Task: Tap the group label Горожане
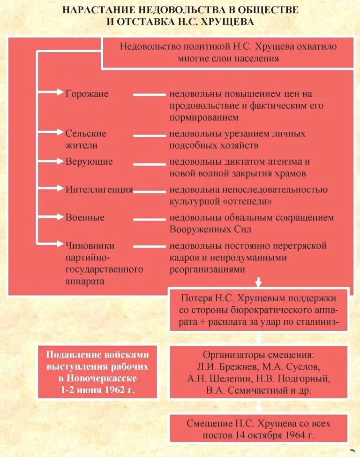click(x=87, y=93)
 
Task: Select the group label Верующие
click(x=89, y=161)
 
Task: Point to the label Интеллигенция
click(x=99, y=190)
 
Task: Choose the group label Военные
click(x=85, y=218)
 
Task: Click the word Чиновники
click(x=90, y=245)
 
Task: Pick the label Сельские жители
click(x=86, y=139)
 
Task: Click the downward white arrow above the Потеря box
click(x=258, y=282)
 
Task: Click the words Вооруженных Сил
click(x=210, y=229)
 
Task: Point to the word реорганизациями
click(x=207, y=270)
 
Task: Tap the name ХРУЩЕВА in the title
click(x=226, y=22)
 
